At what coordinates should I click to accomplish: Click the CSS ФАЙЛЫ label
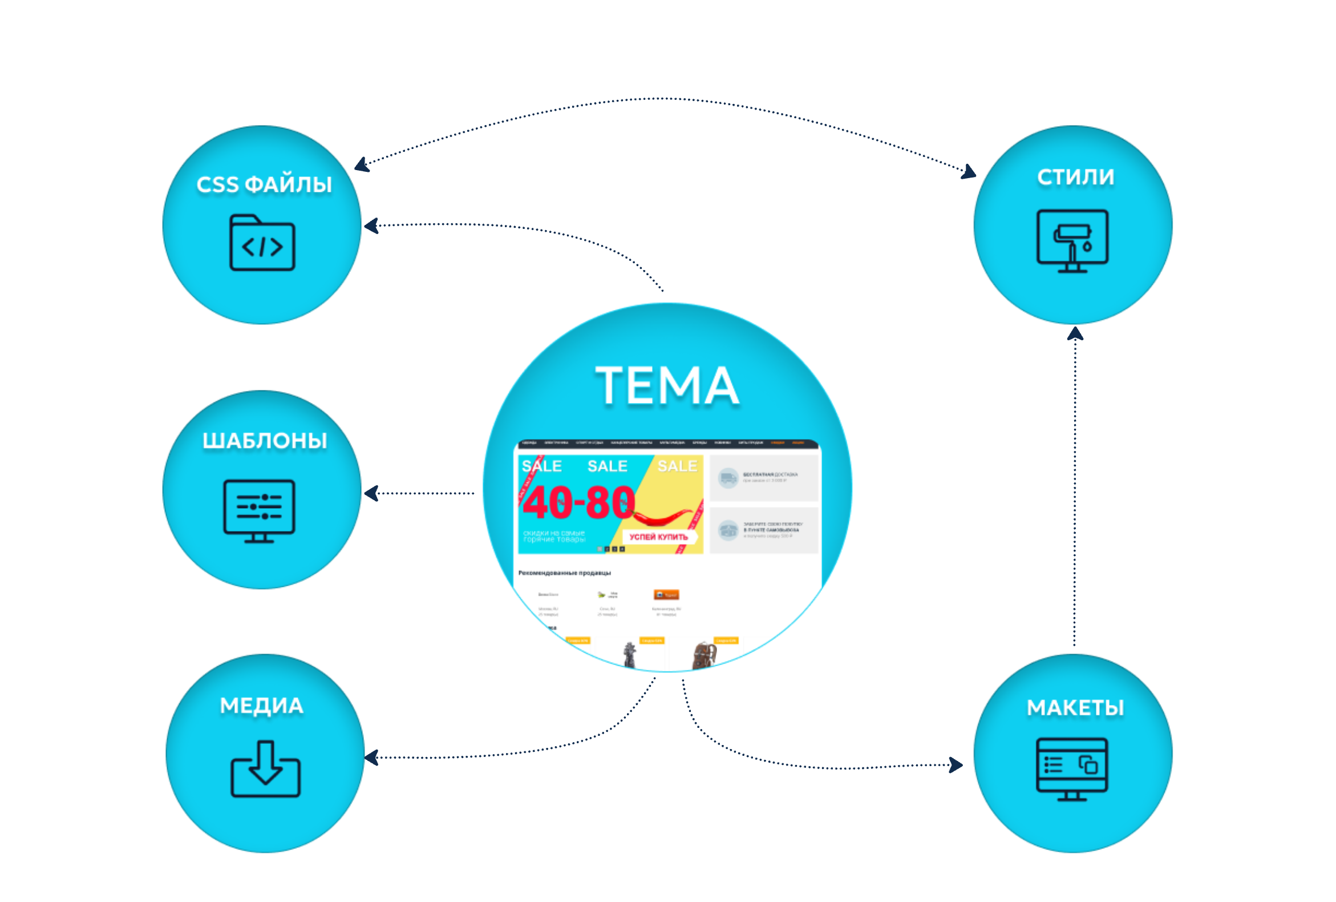click(264, 184)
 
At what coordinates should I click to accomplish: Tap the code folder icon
click(262, 243)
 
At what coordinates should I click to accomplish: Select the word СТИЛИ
click(1075, 177)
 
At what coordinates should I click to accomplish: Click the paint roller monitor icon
click(1072, 240)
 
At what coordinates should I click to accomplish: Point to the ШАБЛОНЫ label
click(265, 441)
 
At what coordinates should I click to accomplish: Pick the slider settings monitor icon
click(259, 510)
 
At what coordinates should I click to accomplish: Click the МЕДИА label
click(262, 705)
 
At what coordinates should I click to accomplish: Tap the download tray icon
click(265, 769)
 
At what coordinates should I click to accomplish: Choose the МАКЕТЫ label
click(1075, 707)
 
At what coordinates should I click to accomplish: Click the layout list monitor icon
click(1072, 768)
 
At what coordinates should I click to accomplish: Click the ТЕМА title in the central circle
click(667, 386)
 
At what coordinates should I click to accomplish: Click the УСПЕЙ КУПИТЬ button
click(658, 537)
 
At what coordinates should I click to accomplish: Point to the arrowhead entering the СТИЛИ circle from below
click(1075, 333)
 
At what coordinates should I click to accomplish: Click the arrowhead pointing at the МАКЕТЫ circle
click(956, 764)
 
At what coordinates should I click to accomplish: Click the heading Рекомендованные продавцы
click(564, 573)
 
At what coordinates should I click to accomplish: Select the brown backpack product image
click(704, 655)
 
